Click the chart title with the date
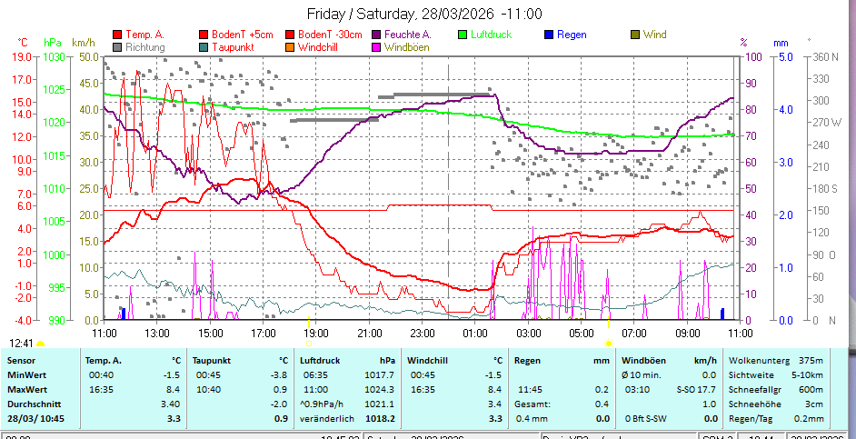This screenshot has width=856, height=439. click(424, 14)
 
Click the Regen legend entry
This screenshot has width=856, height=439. click(571, 35)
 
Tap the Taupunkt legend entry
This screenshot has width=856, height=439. click(234, 46)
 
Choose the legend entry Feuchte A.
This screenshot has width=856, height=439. click(408, 35)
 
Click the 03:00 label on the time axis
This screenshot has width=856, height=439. click(529, 332)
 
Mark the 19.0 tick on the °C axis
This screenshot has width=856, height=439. click(22, 56)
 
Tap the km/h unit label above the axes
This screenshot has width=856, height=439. click(83, 42)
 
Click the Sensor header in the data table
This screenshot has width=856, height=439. click(22, 361)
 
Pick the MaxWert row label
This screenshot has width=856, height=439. click(27, 389)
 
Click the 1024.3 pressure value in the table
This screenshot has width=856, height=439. click(380, 389)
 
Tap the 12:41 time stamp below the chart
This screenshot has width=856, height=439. click(22, 344)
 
